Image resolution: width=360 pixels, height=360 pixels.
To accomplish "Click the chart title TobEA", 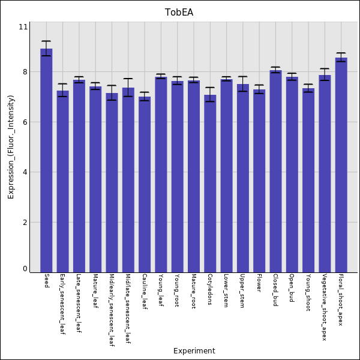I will tap(179, 13).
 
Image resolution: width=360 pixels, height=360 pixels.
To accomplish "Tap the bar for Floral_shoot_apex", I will tap(341, 165).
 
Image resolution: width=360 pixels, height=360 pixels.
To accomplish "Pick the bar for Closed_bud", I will tap(275, 171).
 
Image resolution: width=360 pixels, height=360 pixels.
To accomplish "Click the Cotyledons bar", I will tap(210, 183).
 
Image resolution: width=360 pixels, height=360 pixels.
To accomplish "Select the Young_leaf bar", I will tap(161, 174).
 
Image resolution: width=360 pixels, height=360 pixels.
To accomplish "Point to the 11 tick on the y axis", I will tap(23, 27).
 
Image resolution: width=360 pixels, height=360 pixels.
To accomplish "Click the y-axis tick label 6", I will tap(25, 122).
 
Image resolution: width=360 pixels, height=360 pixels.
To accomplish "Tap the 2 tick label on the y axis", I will tap(25, 223).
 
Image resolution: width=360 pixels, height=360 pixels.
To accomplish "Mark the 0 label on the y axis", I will tap(25, 269).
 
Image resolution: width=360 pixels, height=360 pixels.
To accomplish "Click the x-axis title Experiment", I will tap(194, 351).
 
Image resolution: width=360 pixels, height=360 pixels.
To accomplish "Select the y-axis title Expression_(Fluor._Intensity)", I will tap(11, 151).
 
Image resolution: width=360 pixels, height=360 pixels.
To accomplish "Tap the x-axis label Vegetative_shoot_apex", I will tap(325, 307).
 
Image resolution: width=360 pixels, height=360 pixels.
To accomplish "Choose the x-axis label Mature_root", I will tap(193, 291).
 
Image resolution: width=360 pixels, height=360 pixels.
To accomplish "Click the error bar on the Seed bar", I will tap(46, 48).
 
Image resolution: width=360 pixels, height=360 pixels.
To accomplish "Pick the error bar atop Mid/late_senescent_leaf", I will tap(128, 88).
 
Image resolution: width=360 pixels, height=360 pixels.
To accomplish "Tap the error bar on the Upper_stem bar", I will tap(242, 83).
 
